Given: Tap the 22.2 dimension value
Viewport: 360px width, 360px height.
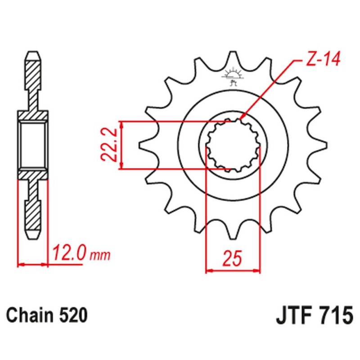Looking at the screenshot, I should (109, 145).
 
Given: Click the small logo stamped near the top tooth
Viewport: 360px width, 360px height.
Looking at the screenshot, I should (233, 76).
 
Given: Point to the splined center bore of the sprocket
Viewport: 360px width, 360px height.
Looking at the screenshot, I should (233, 145).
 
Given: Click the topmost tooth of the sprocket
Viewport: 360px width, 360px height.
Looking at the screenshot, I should (233, 58).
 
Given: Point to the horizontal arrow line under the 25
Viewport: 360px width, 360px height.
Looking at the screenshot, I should (233, 271).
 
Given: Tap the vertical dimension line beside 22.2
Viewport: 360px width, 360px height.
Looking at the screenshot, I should (121, 145).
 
